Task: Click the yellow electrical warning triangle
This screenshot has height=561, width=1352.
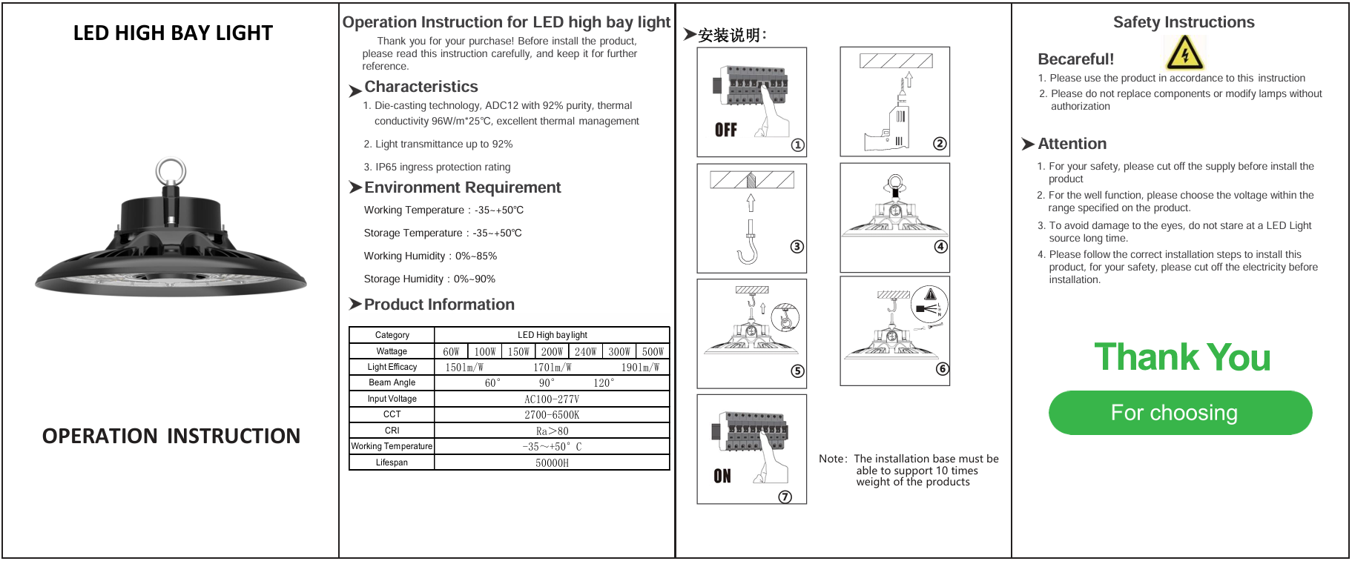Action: pos(1184,53)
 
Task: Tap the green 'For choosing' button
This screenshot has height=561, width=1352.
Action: pos(1180,413)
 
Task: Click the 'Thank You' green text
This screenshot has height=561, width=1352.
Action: pos(1182,357)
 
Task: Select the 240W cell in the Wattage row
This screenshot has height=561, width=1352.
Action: pos(585,351)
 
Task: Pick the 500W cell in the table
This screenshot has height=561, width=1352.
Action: pos(653,351)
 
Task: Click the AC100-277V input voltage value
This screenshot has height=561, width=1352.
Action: pos(552,399)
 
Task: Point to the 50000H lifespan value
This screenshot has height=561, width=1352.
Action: pos(552,462)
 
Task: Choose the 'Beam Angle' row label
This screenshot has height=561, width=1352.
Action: pos(392,382)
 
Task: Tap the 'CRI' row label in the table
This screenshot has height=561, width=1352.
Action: pos(392,431)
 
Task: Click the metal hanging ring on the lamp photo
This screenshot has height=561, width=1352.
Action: pos(171,172)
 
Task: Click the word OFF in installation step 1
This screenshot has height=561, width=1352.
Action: pos(725,130)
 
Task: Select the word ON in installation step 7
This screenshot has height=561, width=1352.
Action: pos(722,476)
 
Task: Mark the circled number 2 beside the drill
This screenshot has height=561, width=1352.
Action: pos(940,144)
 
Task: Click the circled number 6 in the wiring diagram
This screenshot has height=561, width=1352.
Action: pos(942,369)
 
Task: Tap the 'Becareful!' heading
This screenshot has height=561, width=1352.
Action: pos(1075,59)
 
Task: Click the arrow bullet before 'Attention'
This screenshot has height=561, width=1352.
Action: pos(1028,144)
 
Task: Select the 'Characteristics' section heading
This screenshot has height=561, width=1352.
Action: pos(421,87)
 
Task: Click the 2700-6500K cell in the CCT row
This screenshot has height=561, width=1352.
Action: pos(552,415)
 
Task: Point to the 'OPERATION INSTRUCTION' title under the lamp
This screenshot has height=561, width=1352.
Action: pos(171,436)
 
